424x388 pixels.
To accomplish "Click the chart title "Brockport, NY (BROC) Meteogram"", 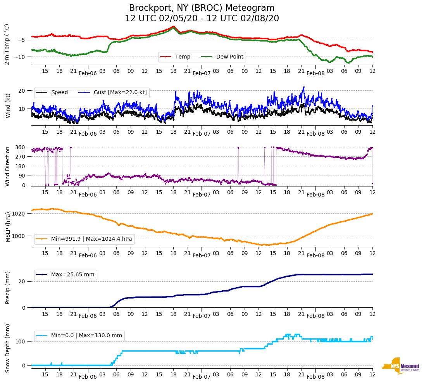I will point(202,8).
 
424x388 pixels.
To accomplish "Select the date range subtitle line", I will point(202,19).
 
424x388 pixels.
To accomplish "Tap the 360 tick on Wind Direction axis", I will point(21,147).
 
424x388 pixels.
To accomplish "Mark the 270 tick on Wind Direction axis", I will point(21,157).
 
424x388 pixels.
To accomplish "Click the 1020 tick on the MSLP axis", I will point(19,214).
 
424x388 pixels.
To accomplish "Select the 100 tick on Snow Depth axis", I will point(21,341).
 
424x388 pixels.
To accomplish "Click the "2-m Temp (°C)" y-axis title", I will point(7,44).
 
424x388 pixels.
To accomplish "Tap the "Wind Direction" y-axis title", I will point(7,166).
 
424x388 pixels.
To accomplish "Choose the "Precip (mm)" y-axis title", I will point(7,288).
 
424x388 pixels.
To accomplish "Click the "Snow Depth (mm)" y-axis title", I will point(7,348).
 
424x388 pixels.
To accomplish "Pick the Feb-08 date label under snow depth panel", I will point(315,377).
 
